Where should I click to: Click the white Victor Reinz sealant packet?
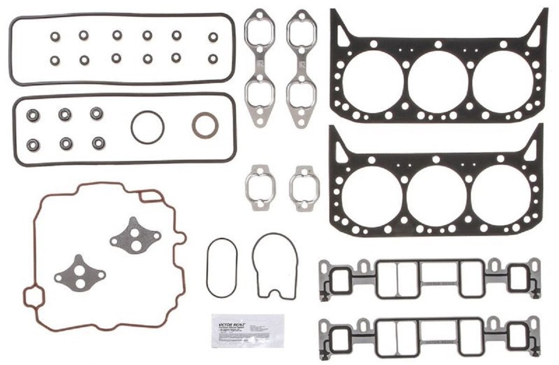[x=247, y=331]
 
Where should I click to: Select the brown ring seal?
[x=205, y=126]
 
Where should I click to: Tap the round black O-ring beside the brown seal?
[x=147, y=127]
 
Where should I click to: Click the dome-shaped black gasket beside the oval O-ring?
[x=275, y=265]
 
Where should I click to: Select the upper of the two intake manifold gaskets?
[x=429, y=279]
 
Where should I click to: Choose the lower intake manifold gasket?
[x=429, y=337]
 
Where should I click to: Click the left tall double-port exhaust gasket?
[x=260, y=67]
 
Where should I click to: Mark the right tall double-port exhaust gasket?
[x=302, y=67]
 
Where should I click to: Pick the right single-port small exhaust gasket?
[x=304, y=187]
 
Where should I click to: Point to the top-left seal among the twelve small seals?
[x=55, y=36]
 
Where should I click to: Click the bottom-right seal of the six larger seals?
[x=98, y=143]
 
